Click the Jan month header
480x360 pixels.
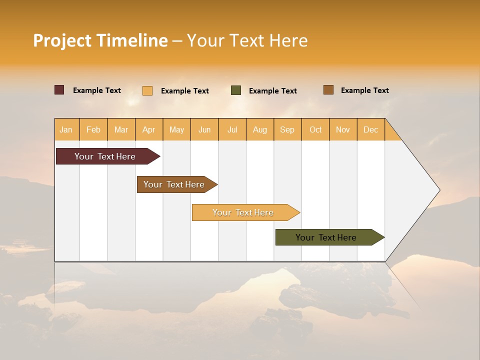tap(66, 129)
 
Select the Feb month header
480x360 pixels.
tap(93, 129)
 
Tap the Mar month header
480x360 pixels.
tap(121, 129)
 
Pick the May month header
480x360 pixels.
tap(176, 129)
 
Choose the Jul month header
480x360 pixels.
tap(232, 129)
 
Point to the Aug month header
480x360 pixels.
tap(260, 129)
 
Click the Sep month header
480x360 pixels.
tap(287, 129)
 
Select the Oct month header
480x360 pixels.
tap(315, 129)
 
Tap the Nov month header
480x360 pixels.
tap(343, 129)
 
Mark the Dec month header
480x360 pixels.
tap(370, 129)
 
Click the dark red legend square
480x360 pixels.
tap(59, 90)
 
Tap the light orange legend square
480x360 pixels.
tap(147, 90)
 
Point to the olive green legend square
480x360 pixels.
tap(236, 90)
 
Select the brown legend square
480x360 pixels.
tap(328, 90)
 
